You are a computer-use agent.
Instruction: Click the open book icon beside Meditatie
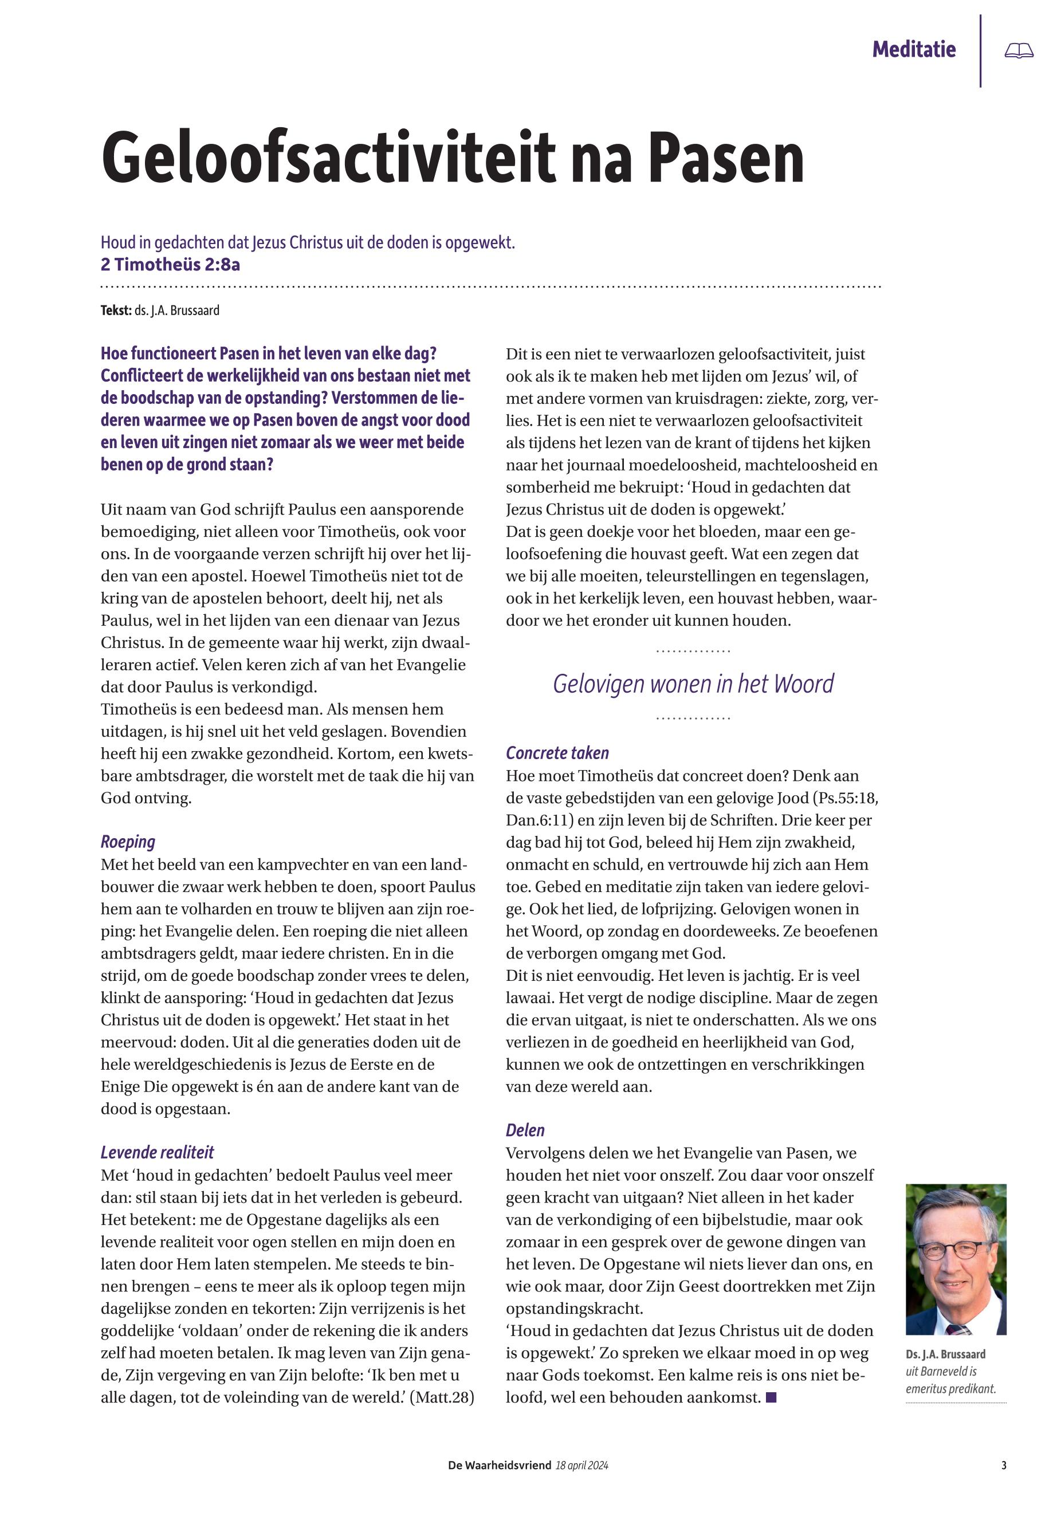pos(1018,50)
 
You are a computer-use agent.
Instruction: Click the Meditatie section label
pos(913,49)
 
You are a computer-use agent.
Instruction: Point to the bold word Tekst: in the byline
pos(116,310)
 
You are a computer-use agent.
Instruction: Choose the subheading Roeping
pos(128,842)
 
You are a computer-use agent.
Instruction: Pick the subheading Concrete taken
pos(557,753)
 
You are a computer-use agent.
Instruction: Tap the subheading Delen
pos(525,1130)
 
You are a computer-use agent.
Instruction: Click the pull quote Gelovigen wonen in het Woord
pos(693,684)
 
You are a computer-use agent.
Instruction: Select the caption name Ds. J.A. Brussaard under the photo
pos(945,1354)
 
